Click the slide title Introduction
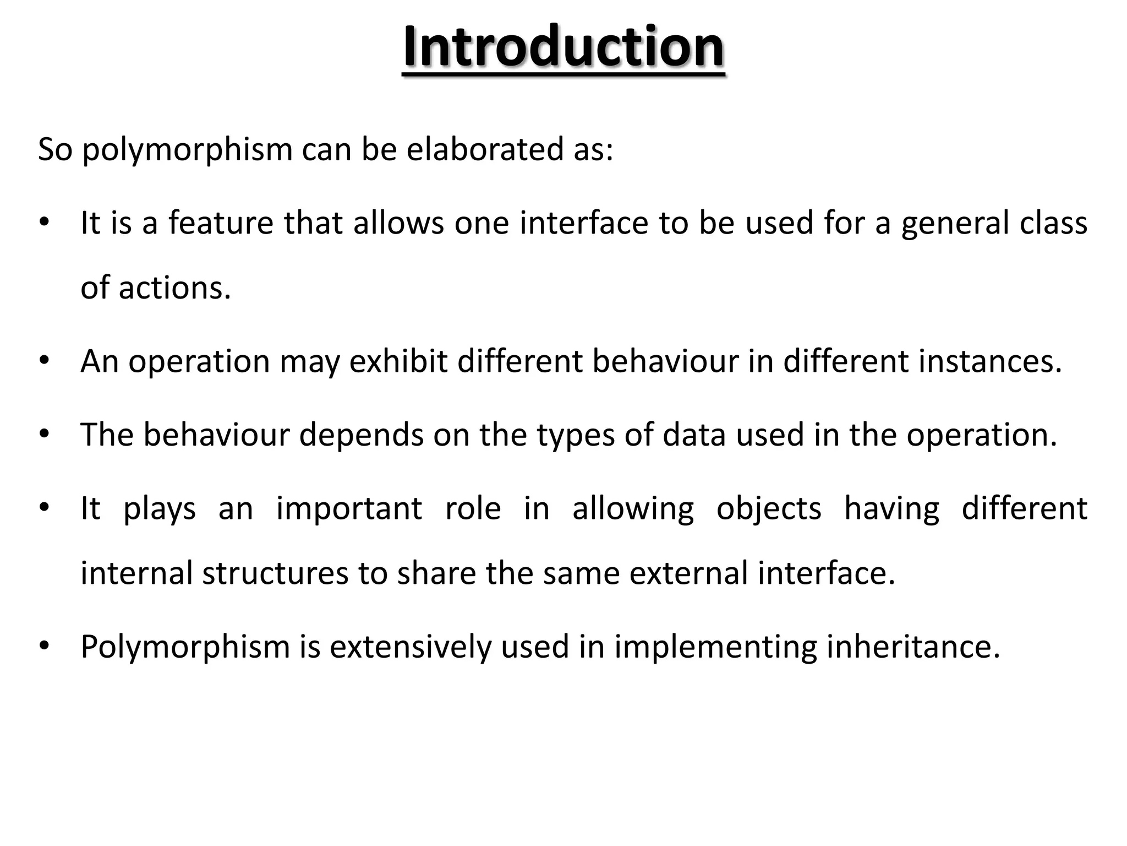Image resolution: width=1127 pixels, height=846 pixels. [563, 47]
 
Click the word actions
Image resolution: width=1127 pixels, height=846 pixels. [174, 288]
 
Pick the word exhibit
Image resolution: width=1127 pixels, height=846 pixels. [398, 361]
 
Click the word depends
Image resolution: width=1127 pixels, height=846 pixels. [361, 435]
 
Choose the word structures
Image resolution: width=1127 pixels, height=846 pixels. [275, 573]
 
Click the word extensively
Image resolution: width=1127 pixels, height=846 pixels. [410, 647]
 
